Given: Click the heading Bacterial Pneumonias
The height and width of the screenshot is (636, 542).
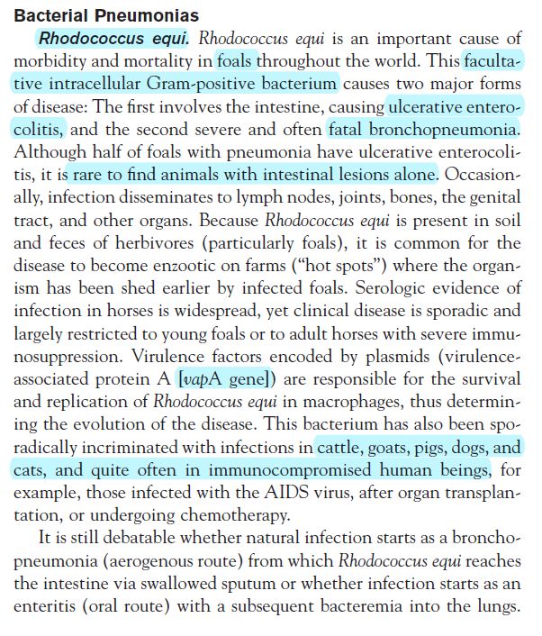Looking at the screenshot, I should coord(106,17).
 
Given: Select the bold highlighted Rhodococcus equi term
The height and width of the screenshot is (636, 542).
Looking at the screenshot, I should coord(114,40).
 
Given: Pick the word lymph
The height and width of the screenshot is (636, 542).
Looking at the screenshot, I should coord(261,196).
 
